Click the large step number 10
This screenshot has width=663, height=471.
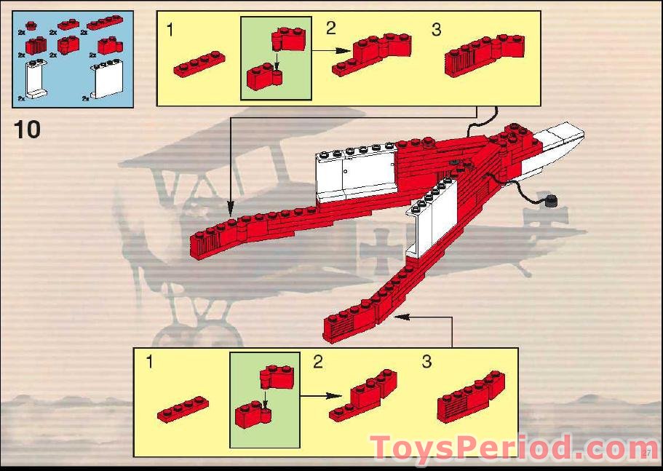[28, 130]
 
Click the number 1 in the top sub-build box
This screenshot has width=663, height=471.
[170, 31]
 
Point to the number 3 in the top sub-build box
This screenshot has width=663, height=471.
[436, 30]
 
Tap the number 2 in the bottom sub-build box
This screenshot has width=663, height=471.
[318, 362]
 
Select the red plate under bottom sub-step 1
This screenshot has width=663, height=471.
[183, 410]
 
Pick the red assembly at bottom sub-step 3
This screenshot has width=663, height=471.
[471, 397]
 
